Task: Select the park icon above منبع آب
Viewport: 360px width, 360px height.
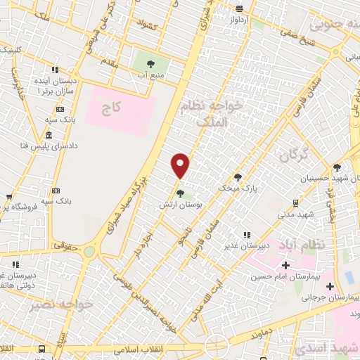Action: [x=151, y=64]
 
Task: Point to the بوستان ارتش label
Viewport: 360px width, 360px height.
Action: [x=180, y=202]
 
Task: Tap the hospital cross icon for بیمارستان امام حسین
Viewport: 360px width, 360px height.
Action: [x=285, y=265]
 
